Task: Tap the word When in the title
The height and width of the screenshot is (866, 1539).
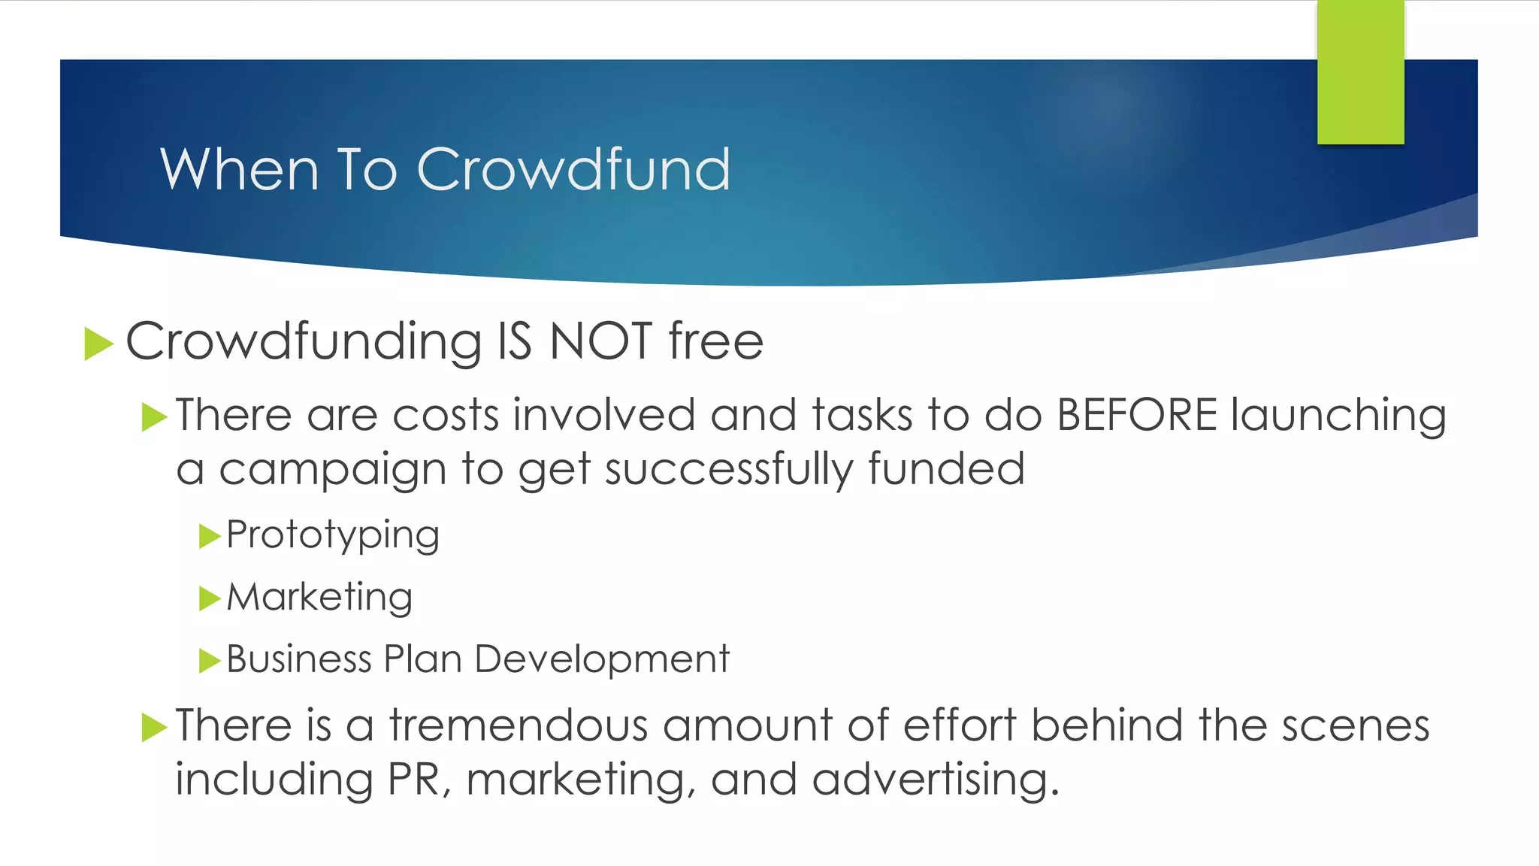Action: click(240, 169)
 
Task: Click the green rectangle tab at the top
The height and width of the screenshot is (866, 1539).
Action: click(1360, 72)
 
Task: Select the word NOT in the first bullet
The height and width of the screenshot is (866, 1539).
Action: click(600, 341)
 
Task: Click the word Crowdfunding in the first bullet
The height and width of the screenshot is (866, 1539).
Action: click(304, 343)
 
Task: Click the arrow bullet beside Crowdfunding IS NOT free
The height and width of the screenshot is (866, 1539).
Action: click(98, 344)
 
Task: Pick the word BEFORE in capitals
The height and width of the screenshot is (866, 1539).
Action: click(1136, 415)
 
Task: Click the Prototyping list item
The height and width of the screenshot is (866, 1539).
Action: click(333, 536)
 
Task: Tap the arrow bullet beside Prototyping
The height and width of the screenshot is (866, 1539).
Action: click(209, 537)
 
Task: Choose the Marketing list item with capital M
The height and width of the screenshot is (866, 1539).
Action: click(319, 598)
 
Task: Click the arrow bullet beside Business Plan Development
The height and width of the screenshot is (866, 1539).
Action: click(209, 661)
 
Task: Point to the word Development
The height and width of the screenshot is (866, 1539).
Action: click(602, 659)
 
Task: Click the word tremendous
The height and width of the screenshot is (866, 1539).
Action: click(519, 726)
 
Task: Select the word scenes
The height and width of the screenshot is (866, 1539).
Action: click(1355, 726)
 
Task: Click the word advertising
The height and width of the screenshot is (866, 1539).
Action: click(935, 780)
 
